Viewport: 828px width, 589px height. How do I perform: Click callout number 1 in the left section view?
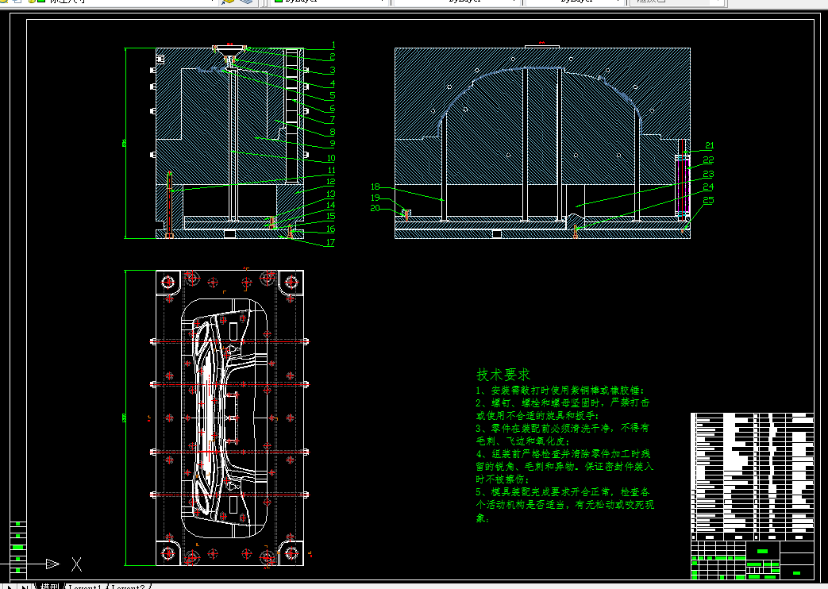click(333, 45)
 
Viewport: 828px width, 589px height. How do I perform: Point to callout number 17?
click(330, 242)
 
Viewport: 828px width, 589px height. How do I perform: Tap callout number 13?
click(330, 194)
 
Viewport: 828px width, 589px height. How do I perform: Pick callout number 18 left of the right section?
click(375, 187)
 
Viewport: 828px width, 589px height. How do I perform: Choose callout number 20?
click(375, 208)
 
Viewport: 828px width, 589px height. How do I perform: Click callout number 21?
click(709, 145)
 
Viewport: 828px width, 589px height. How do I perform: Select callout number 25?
click(708, 200)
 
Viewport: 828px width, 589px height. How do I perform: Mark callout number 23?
click(708, 174)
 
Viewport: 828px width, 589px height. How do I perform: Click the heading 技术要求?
click(503, 375)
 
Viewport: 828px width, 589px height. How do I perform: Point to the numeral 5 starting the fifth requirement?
click(479, 492)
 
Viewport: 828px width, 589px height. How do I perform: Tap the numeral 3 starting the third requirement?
click(479, 428)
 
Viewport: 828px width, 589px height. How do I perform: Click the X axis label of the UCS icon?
click(76, 564)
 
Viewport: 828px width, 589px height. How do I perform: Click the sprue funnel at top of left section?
click(230, 53)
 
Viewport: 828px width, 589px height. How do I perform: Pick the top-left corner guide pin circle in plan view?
click(168, 282)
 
